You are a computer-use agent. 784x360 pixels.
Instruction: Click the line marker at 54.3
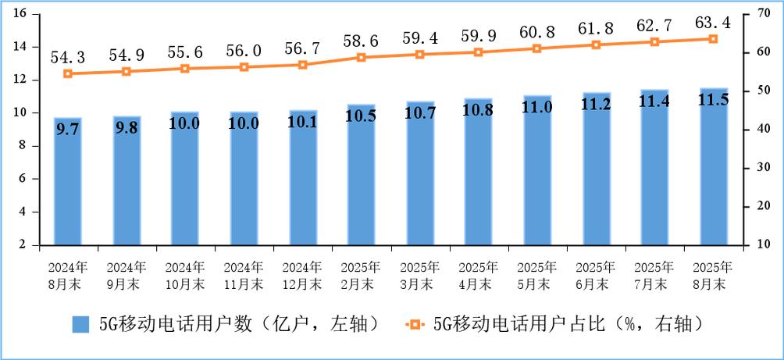pyautogui.click(x=68, y=73)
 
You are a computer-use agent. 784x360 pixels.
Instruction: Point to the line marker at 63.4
pyautogui.click(x=714, y=38)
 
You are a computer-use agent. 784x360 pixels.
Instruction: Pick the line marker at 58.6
pyautogui.click(x=362, y=57)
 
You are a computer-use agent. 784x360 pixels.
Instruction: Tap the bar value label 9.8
pyautogui.click(x=127, y=128)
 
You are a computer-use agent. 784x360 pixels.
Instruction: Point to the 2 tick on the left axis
pyautogui.click(x=24, y=245)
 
